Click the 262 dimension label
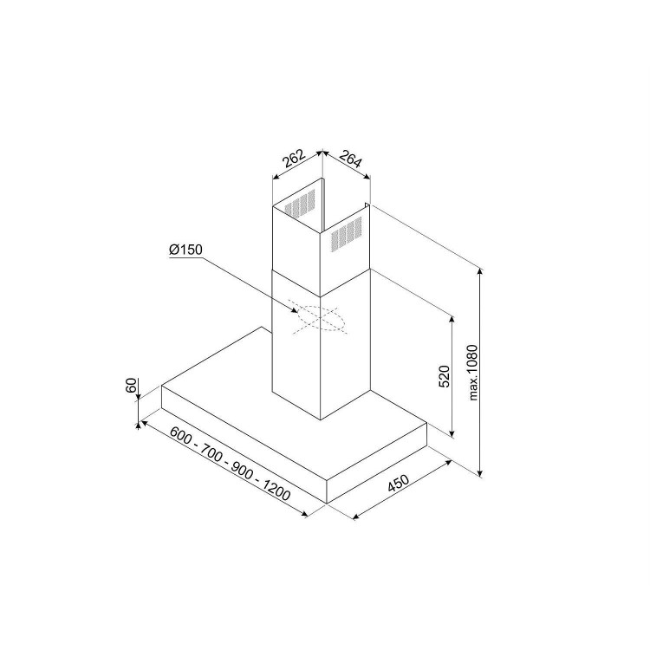pos(294,158)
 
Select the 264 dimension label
pos(351,159)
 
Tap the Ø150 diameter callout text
pos(185,250)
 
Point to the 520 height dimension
pos(444,376)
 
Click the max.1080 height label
pos(473,373)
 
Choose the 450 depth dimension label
pos(398,483)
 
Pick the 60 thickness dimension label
pos(131,385)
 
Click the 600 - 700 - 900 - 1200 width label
pos(230,464)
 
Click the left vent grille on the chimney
pos(299,205)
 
